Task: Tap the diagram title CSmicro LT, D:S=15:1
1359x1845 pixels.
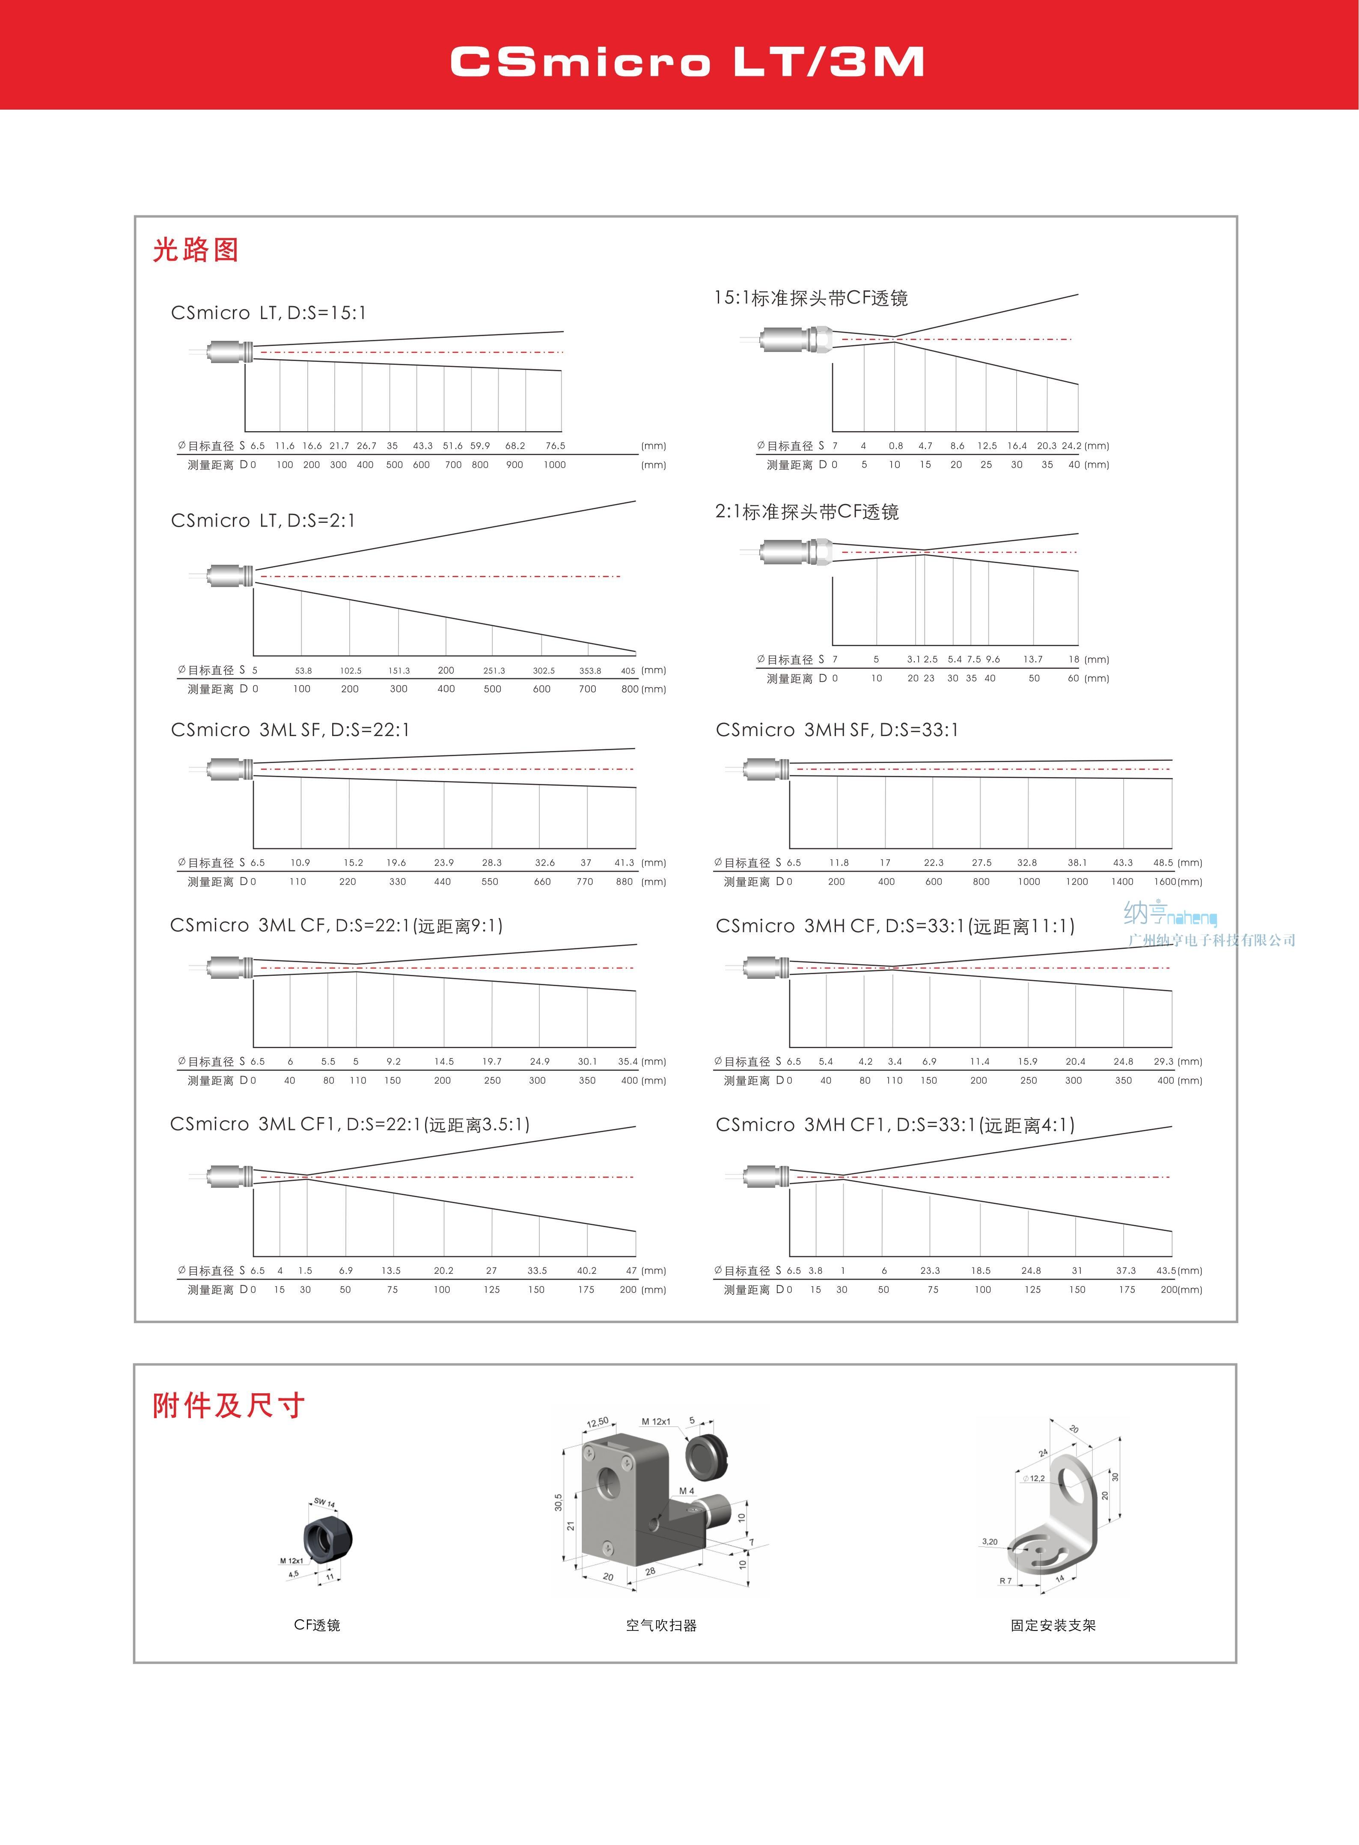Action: pos(268,313)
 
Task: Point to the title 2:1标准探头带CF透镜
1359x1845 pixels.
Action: pos(806,512)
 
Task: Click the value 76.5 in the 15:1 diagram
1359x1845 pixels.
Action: pos(555,446)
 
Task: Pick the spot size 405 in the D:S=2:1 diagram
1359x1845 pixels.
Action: pos(627,671)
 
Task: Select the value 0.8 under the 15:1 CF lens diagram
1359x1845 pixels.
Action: pos(895,446)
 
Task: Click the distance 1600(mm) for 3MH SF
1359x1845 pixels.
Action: pos(1177,881)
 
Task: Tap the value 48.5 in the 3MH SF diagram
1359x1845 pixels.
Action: pos(1163,862)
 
